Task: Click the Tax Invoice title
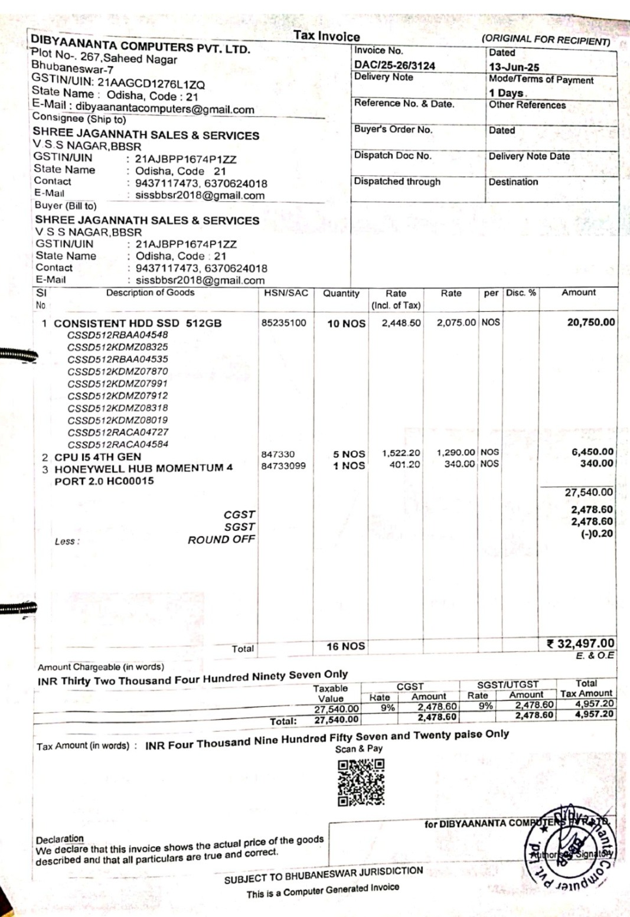[x=327, y=36]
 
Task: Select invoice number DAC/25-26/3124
[x=394, y=65]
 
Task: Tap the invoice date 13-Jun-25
[x=514, y=67]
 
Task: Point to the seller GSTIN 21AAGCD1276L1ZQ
[x=151, y=84]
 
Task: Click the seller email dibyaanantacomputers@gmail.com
[x=165, y=109]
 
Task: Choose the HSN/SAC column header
[x=286, y=293]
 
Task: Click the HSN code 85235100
[x=284, y=322]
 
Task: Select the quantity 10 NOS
[x=346, y=324]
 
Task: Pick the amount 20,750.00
[x=590, y=322]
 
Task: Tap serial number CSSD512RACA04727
[x=117, y=432]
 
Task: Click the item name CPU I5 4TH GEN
[x=97, y=457]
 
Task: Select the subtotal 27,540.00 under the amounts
[x=589, y=492]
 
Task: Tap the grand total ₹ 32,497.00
[x=580, y=644]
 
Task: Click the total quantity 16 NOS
[x=345, y=647]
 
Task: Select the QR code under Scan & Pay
[x=361, y=782]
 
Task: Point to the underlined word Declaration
[x=60, y=839]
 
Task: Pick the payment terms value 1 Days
[x=507, y=93]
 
